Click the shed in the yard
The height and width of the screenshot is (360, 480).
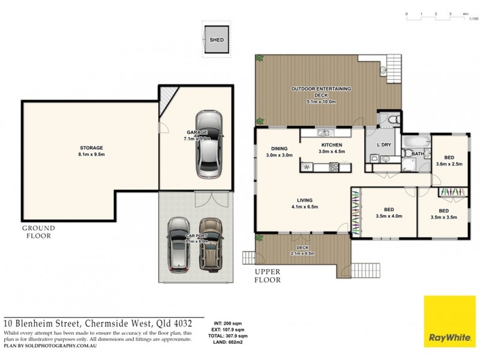coord(216,40)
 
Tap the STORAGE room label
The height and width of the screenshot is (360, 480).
coord(92,151)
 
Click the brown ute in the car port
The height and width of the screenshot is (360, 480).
coord(211,245)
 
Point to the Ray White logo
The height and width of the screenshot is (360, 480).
coord(449,320)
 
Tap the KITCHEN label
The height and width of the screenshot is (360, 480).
coord(331,148)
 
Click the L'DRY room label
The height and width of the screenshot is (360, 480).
coord(383,146)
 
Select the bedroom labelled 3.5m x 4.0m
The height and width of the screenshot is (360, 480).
coord(388,212)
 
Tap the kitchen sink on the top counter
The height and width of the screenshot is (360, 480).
coord(325,132)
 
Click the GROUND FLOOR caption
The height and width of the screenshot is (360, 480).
coord(38,232)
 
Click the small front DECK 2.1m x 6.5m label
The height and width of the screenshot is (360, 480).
coord(302,250)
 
